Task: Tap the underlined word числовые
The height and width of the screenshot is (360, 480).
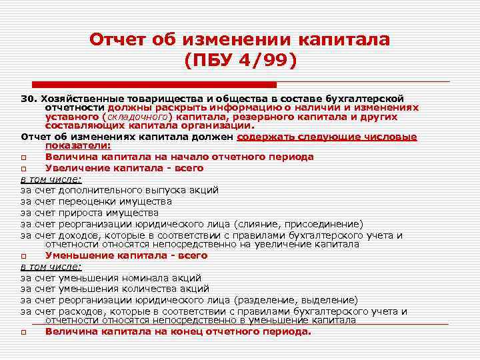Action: (x=394, y=137)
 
